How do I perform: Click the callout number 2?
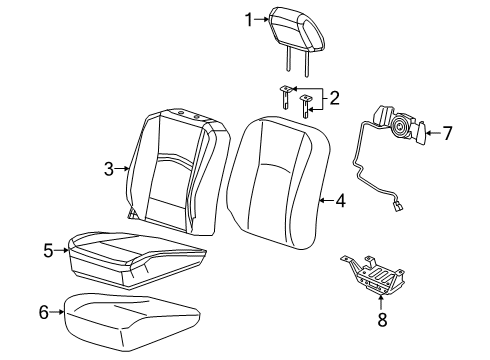pyautogui.click(x=335, y=98)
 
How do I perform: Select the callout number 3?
pyautogui.click(x=109, y=170)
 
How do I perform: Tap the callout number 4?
pyautogui.click(x=341, y=200)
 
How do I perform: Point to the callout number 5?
pyautogui.click(x=48, y=251)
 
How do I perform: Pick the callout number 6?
pyautogui.click(x=42, y=313)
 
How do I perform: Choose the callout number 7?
pyautogui.click(x=447, y=131)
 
